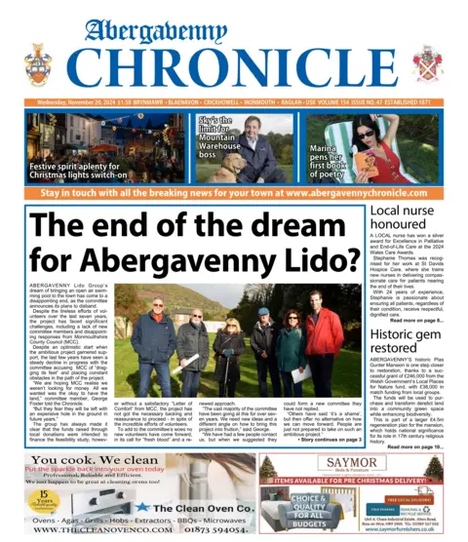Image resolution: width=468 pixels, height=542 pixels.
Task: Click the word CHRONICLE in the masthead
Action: pyautogui.click(x=234, y=66)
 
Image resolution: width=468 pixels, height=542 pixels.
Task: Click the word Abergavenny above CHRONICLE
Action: pyautogui.click(x=233, y=26)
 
